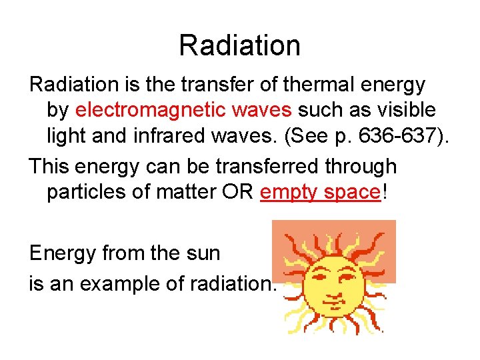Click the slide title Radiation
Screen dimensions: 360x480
pos(239,45)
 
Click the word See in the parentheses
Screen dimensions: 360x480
pos(313,136)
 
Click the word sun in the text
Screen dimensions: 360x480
pos(203,253)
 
